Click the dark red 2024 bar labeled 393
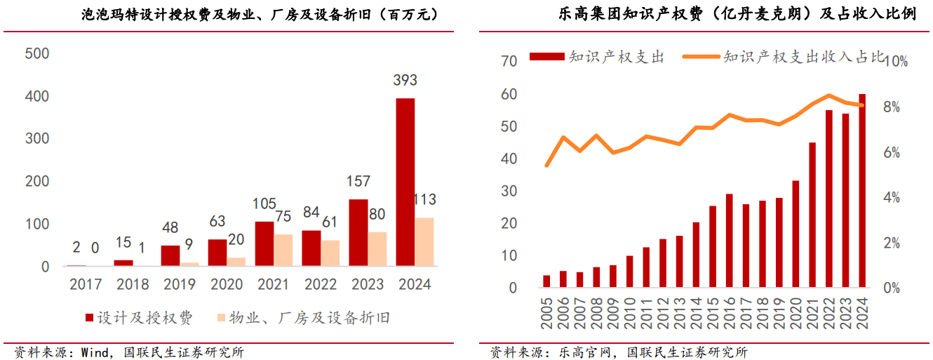pos(405,182)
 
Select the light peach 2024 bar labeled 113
pos(424,242)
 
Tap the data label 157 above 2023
pos(358,181)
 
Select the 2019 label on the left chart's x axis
pos(180,284)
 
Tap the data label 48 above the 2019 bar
pos(170,228)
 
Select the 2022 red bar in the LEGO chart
pos(829,199)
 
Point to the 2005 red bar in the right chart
pos(546,281)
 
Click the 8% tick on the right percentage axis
pos(897,107)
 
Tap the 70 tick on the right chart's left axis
pos(509,62)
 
